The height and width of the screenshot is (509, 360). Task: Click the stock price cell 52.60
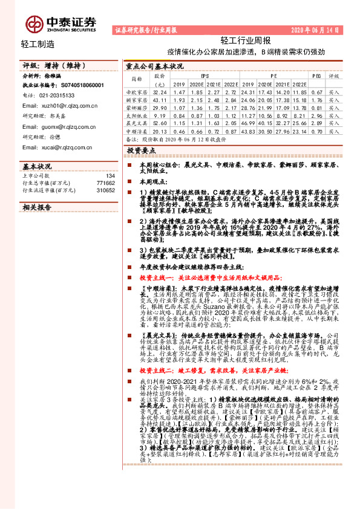tap(160, 122)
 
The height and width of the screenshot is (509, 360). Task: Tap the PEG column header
tap(316, 76)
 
